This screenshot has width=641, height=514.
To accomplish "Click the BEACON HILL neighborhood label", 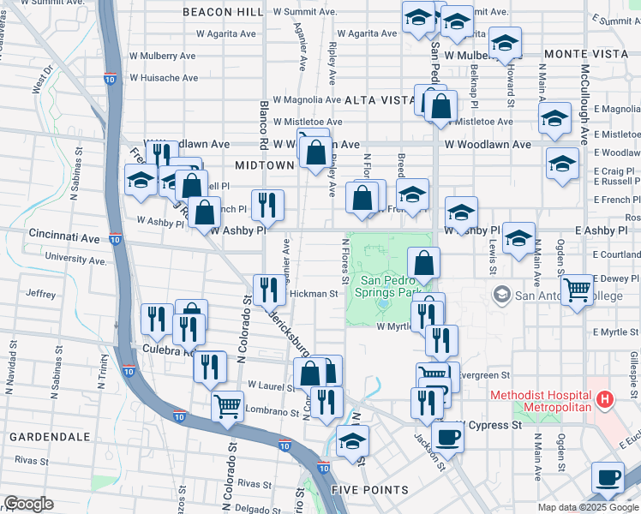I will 222,12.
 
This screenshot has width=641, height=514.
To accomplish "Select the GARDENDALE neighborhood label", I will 50,437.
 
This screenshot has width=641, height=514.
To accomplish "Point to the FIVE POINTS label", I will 370,490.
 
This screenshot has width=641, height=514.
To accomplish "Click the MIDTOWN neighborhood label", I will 266,165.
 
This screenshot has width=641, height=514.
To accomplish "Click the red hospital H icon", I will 605,399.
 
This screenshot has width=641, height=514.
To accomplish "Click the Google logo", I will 28,504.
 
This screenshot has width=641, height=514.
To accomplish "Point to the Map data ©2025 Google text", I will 589,507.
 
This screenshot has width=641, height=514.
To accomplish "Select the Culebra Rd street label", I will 170,351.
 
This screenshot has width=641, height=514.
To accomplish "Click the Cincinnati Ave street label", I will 63,233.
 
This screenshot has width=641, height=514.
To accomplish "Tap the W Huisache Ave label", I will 164,78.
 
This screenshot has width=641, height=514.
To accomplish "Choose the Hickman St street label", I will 314,294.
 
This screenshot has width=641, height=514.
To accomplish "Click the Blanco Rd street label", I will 264,123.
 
